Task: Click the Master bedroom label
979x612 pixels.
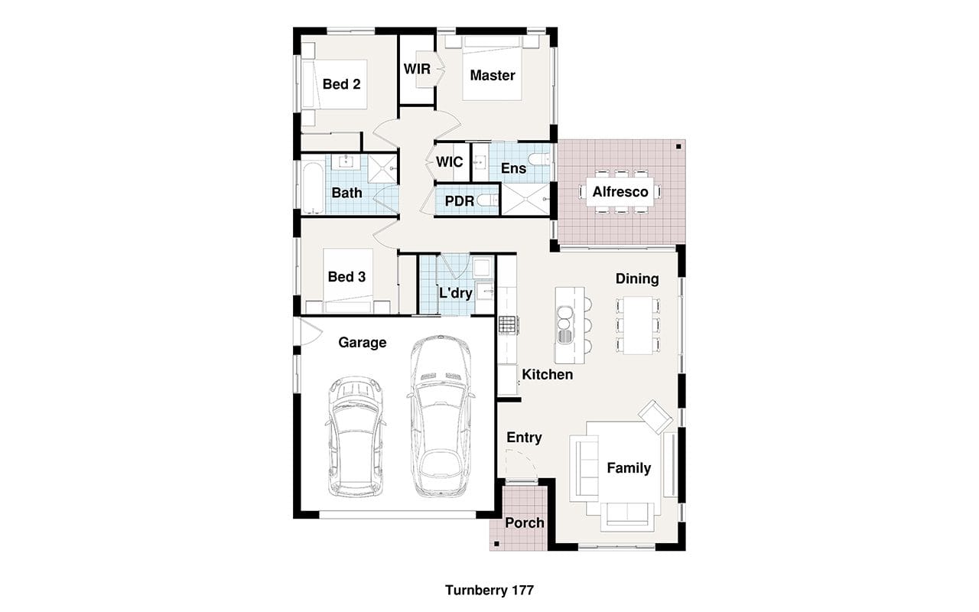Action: (x=493, y=75)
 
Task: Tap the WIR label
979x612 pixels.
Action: (x=417, y=69)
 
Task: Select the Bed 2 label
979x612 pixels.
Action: (x=341, y=84)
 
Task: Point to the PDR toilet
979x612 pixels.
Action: (x=487, y=200)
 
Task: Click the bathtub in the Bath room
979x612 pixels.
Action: (x=313, y=188)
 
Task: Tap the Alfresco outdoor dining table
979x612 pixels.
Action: (x=620, y=192)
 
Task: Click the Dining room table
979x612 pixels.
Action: (x=638, y=325)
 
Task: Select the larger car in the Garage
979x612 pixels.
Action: (x=441, y=416)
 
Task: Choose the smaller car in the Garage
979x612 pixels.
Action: (x=356, y=436)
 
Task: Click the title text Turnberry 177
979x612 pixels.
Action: (x=489, y=590)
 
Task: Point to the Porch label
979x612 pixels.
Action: (x=525, y=522)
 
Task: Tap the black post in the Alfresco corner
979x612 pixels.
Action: (x=678, y=146)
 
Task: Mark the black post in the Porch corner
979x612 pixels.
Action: (x=496, y=544)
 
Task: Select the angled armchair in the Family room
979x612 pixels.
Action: (x=655, y=417)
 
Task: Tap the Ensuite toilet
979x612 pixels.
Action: (x=539, y=160)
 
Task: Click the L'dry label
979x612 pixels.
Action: (x=455, y=292)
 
